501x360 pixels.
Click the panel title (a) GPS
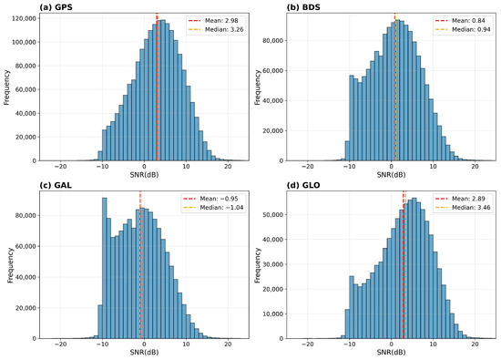click(x=56, y=7)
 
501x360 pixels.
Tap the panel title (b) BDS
click(x=303, y=7)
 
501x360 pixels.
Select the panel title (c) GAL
click(x=56, y=185)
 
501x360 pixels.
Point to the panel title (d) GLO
click(x=303, y=185)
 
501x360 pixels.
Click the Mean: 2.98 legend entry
click(x=213, y=20)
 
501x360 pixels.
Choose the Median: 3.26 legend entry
click(x=216, y=29)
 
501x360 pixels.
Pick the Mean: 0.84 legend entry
click(x=460, y=20)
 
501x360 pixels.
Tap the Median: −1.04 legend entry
click(x=213, y=208)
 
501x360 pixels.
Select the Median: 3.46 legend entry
click(x=463, y=208)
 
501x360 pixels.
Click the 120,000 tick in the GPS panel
click(x=24, y=18)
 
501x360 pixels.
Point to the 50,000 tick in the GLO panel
click(x=272, y=214)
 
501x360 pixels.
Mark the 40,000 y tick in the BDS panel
click(x=272, y=101)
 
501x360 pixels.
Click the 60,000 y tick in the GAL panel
click(x=26, y=246)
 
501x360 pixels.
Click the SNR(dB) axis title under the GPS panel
click(x=144, y=175)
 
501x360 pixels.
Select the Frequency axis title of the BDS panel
click(x=258, y=87)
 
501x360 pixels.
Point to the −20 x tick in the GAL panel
click(x=60, y=344)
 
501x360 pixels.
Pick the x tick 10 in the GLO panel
click(x=433, y=344)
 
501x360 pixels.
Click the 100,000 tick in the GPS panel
click(x=24, y=42)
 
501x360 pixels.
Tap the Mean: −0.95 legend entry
click(x=211, y=199)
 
